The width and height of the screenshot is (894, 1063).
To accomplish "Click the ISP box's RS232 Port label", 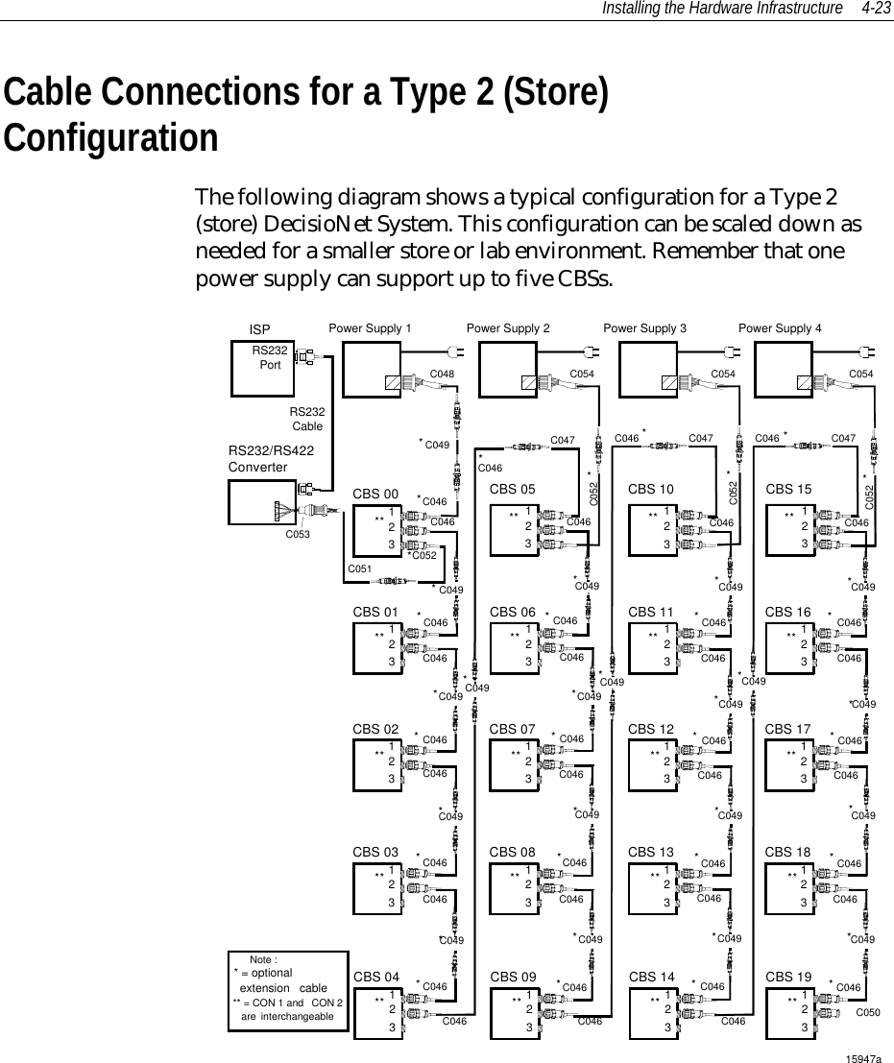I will pyautogui.click(x=271, y=357).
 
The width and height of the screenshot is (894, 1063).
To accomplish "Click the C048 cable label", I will pyautogui.click(x=442, y=374).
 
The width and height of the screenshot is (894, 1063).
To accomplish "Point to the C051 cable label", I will pyautogui.click(x=359, y=569).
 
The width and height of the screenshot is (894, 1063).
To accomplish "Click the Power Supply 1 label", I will pyautogui.click(x=370, y=328).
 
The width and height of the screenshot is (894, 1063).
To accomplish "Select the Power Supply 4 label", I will pyautogui.click(x=780, y=328).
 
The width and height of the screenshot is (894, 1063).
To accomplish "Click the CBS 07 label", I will pyautogui.click(x=512, y=730).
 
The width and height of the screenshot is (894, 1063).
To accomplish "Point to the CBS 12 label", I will pyautogui.click(x=650, y=730).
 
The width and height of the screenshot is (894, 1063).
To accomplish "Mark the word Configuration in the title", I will pyautogui.click(x=110, y=136).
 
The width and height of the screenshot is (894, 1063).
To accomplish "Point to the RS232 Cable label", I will pyautogui.click(x=307, y=419).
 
